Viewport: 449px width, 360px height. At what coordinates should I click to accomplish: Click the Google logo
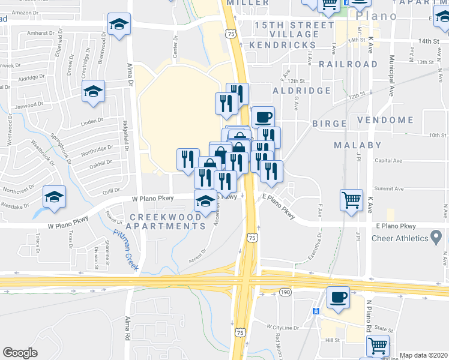[x=20, y=353]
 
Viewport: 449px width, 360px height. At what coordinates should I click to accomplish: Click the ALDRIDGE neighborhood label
[x=302, y=91]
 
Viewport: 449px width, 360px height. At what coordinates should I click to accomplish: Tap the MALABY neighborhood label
[x=357, y=145]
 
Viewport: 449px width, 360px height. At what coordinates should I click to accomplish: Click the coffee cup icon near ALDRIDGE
[x=262, y=116]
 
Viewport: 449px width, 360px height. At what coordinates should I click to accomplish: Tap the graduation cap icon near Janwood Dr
[x=93, y=92]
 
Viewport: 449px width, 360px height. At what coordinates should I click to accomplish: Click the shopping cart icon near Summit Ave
[x=351, y=199]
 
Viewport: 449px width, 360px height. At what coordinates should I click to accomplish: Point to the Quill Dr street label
[x=111, y=191]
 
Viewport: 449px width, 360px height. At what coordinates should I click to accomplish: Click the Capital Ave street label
[x=388, y=160]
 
